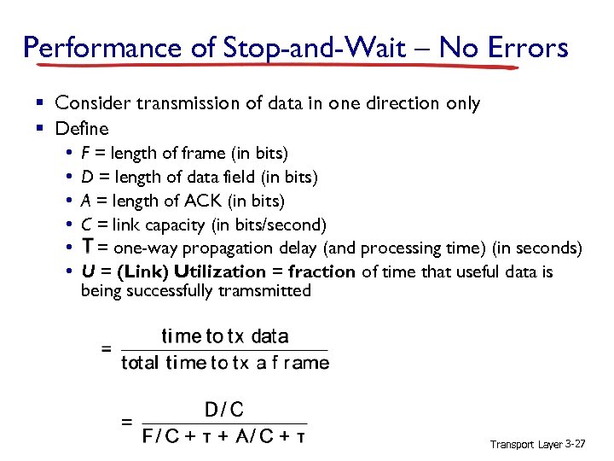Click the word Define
coord(82,129)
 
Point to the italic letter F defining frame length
coord(84,154)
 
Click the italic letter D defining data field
coord(86,177)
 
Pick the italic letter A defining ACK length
coord(85,201)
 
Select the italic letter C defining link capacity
coord(86,225)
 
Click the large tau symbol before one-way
coord(87,248)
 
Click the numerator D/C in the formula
coord(224,410)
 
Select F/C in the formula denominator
coord(162,437)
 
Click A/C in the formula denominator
coord(255,437)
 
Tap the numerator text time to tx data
coord(225,336)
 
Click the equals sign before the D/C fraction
coord(127,422)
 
